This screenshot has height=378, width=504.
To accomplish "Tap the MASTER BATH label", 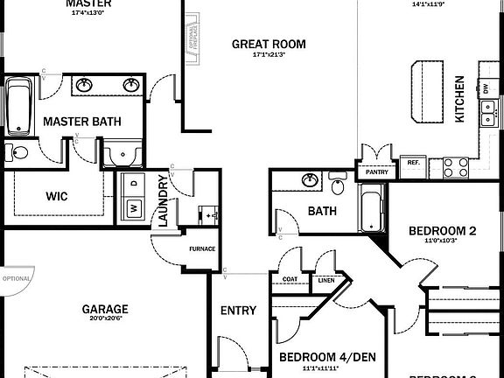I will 81,122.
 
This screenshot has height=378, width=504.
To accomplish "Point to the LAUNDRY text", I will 162,201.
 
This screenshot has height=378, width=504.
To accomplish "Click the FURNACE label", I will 202,248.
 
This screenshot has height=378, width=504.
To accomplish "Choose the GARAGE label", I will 105,309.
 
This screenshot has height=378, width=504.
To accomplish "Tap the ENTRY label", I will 238,311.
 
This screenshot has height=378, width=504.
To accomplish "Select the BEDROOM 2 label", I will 442,231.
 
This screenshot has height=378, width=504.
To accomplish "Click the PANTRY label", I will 377,172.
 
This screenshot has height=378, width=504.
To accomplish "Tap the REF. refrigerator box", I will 414,162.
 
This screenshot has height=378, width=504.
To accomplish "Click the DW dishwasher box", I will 485,88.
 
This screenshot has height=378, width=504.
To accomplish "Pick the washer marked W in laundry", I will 134,208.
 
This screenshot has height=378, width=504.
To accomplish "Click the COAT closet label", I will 290,280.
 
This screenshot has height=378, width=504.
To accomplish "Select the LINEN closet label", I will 325,280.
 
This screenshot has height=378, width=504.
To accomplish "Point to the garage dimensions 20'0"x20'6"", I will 105,319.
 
